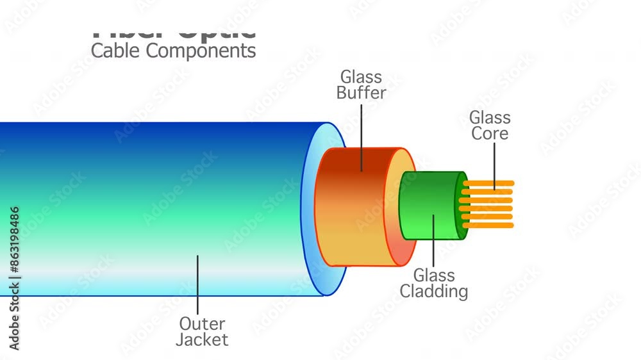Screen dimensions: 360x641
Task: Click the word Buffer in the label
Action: (361, 93)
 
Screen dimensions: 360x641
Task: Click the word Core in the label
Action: (490, 134)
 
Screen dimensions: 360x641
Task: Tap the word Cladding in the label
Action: (434, 291)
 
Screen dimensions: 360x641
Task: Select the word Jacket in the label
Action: (202, 340)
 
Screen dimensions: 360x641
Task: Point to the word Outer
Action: (202, 323)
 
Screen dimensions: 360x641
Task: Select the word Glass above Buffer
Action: (361, 77)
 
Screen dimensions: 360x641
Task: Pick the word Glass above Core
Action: (490, 118)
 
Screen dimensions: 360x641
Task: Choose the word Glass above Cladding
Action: (434, 275)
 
